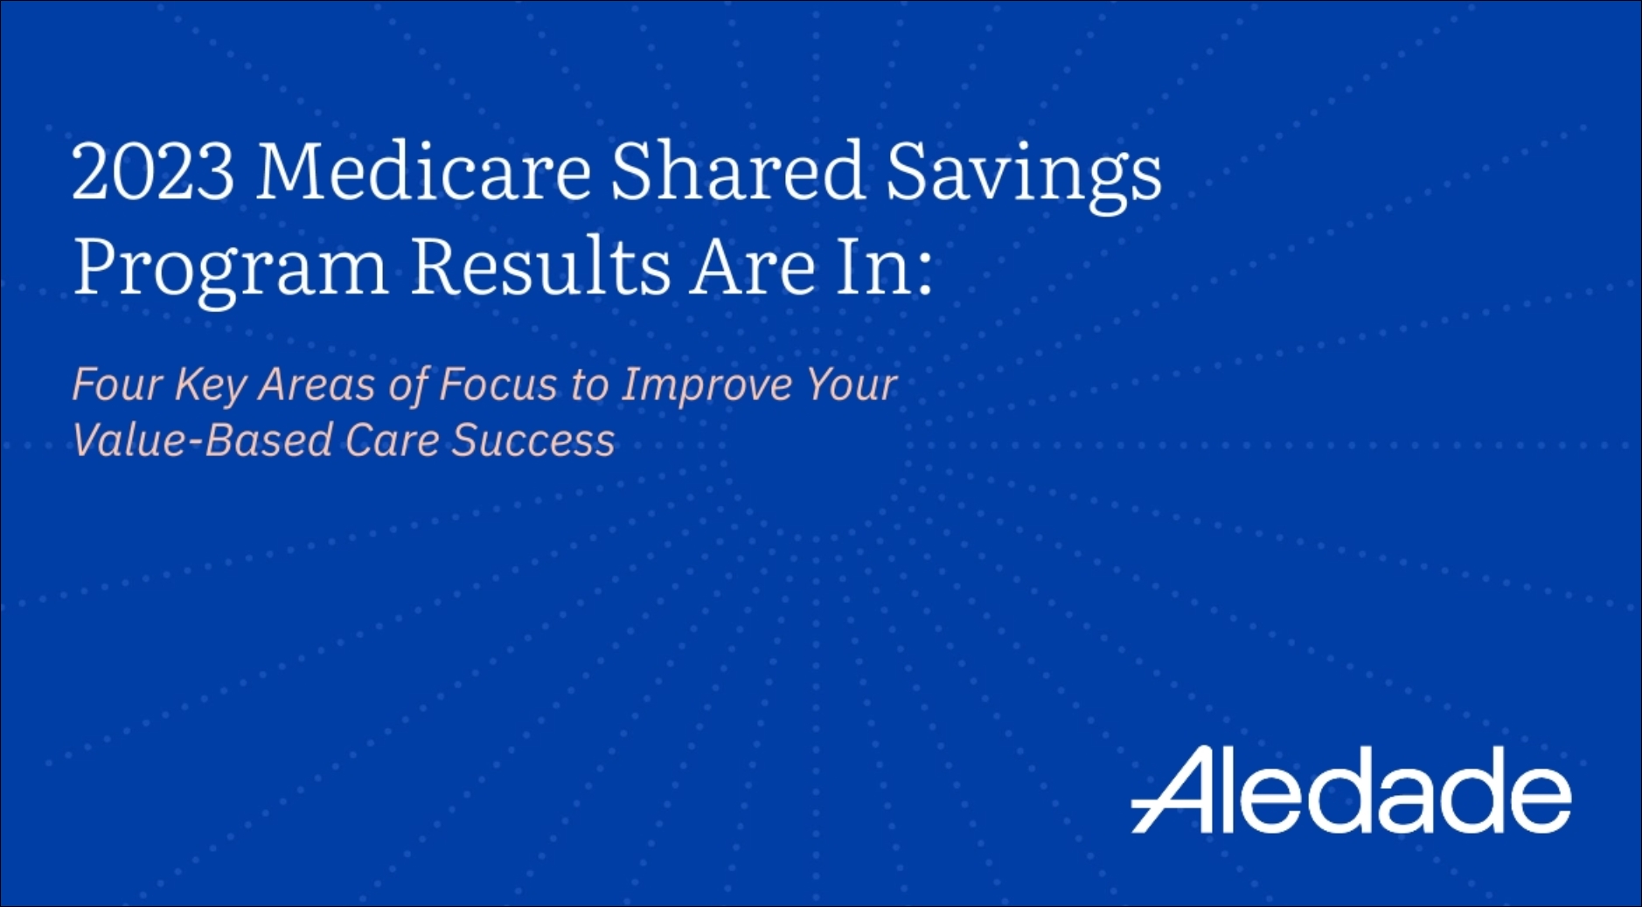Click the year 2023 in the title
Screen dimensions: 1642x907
click(x=153, y=171)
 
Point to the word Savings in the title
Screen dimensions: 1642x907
click(x=1024, y=177)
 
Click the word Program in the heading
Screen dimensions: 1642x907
click(x=231, y=272)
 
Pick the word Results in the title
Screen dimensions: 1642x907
click(x=540, y=266)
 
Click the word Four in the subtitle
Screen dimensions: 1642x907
click(x=117, y=384)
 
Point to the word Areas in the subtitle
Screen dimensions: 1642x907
click(x=317, y=384)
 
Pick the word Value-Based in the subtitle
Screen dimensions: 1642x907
click(x=202, y=440)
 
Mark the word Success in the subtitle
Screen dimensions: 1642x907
click(x=533, y=440)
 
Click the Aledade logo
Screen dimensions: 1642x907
click(x=1351, y=789)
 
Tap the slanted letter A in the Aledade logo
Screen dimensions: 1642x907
click(x=1176, y=789)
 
